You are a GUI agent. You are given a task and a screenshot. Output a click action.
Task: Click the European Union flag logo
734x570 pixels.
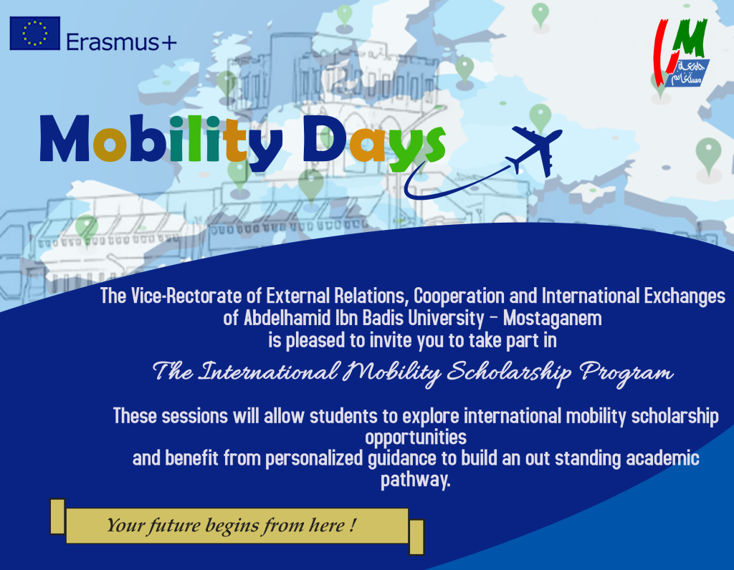pos(34,33)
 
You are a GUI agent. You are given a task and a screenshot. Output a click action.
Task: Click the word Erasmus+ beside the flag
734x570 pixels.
pos(121,42)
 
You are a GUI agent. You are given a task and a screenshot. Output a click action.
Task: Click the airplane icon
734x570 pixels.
pos(537,150)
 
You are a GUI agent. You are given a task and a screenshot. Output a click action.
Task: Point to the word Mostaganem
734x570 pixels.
pos(553,319)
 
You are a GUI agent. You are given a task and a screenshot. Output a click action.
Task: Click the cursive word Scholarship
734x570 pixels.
pos(509,372)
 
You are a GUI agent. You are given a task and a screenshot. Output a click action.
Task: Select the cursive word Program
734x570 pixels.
pos(626,372)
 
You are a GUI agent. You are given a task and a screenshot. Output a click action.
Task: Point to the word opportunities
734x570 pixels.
pos(416,438)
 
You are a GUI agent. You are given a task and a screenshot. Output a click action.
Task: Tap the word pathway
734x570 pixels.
pos(415,480)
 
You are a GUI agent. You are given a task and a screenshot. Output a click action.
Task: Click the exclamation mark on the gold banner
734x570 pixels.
pos(353,525)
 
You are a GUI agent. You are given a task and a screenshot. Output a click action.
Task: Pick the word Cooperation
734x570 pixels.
pos(459,296)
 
